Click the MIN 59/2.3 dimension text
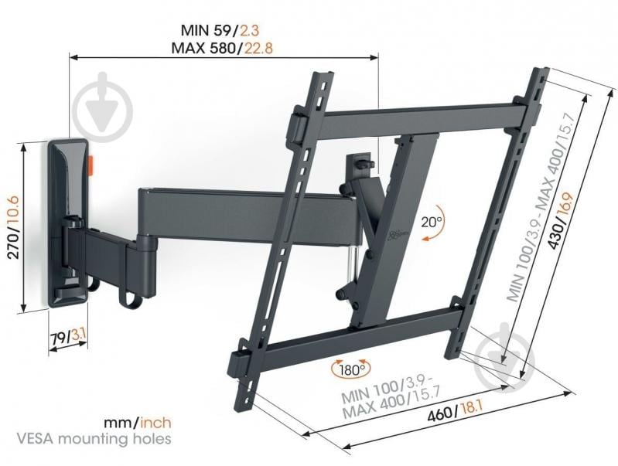224,32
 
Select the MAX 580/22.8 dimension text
224,48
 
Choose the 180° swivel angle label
350,369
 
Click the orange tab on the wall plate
92,165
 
